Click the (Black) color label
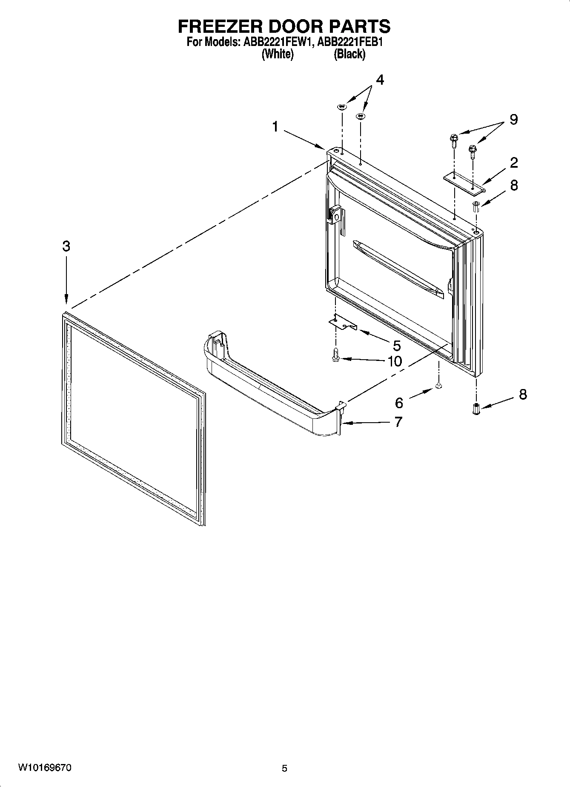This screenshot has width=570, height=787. (349, 54)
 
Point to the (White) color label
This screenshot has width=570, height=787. (278, 54)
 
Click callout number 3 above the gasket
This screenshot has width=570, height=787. (66, 246)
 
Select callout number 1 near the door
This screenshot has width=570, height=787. (275, 126)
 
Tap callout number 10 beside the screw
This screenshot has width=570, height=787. (395, 361)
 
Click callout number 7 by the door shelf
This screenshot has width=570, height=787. (398, 422)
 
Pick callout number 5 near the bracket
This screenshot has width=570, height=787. (396, 345)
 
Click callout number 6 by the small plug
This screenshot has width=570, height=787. (399, 402)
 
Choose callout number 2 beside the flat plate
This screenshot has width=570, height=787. (514, 162)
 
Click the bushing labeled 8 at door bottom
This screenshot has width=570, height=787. (476, 409)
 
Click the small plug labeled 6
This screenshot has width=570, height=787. (439, 386)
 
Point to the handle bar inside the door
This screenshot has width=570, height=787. (398, 269)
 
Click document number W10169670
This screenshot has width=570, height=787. (45, 768)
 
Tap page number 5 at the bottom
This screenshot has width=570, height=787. (284, 769)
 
